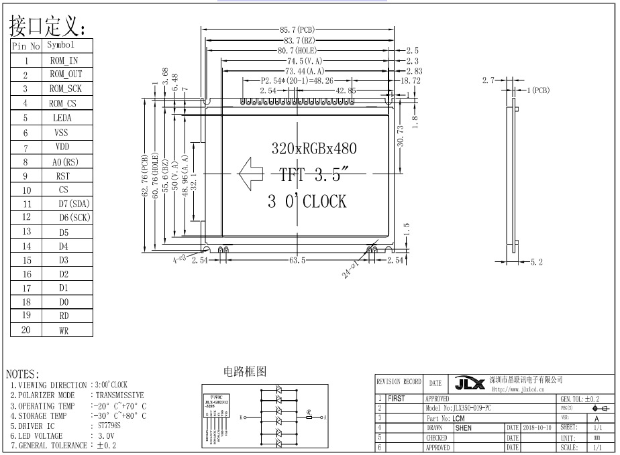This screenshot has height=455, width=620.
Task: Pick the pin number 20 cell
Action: [x=26, y=330]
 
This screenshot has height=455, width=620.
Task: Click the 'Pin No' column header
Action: [x=26, y=46]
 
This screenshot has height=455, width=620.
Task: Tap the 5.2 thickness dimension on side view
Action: [x=536, y=262]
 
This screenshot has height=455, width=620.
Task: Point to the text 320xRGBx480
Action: [x=313, y=148]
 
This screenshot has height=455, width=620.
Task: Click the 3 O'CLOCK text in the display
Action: [x=307, y=201]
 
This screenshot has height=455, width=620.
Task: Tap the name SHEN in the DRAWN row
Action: [x=464, y=427]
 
